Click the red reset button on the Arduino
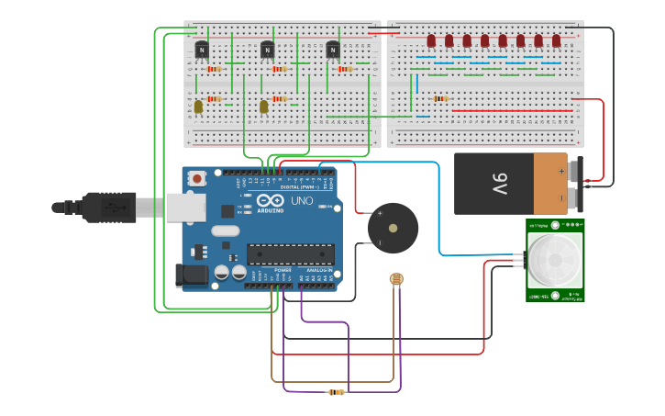coord(196,179)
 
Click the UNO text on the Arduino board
coord(302,200)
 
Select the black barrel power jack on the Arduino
coord(189,275)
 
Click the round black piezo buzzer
coord(393,228)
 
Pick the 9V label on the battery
coord(498,184)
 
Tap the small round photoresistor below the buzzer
coord(396,278)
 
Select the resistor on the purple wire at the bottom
coord(337,392)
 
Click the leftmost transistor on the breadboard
coord(202,50)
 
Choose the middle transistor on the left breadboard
coord(268,50)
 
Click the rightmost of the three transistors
coord(333,50)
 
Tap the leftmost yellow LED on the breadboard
coord(198,107)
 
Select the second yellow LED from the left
coord(264,107)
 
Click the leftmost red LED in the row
coord(431,40)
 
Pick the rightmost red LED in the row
coord(556,40)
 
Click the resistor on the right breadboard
coord(440,98)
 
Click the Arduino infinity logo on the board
coord(271,200)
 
